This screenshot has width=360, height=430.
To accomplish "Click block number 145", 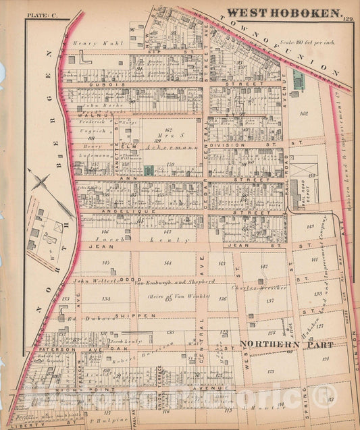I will pos(105,263).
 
